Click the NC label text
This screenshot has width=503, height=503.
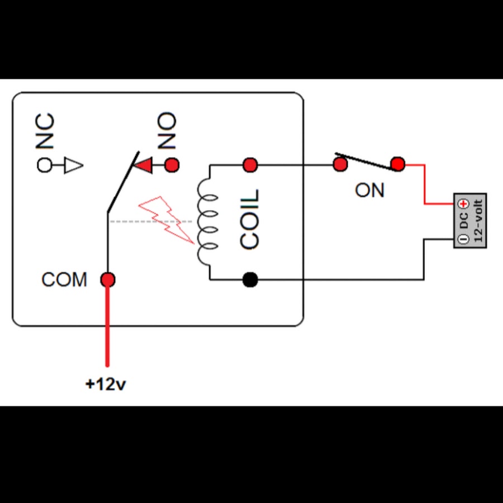pyautogui.click(x=45, y=131)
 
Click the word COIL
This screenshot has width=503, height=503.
pyautogui.click(x=249, y=220)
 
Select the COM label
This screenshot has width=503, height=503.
pyautogui.click(x=64, y=279)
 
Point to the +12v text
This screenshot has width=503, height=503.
pyautogui.click(x=106, y=384)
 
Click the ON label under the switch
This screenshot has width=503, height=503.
pyautogui.click(x=369, y=190)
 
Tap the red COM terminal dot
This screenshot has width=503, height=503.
pyautogui.click(x=108, y=280)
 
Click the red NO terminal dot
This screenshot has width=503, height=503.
pyautogui.click(x=172, y=165)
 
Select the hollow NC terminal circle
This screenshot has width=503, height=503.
pyautogui.click(x=44, y=165)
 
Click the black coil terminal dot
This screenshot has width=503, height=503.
pyautogui.click(x=250, y=280)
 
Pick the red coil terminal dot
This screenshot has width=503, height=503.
pyautogui.click(x=250, y=165)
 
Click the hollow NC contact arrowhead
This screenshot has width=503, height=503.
pyautogui.click(x=74, y=165)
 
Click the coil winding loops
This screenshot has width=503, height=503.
pyautogui.click(x=207, y=221)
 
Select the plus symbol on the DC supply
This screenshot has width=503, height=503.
pyautogui.click(x=463, y=203)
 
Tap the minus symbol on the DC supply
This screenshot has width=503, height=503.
pyautogui.click(x=463, y=239)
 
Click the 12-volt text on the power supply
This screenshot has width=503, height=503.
pyautogui.click(x=478, y=221)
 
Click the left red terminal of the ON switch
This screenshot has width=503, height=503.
pyautogui.click(x=340, y=164)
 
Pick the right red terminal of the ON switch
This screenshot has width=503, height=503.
pyautogui.click(x=398, y=164)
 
